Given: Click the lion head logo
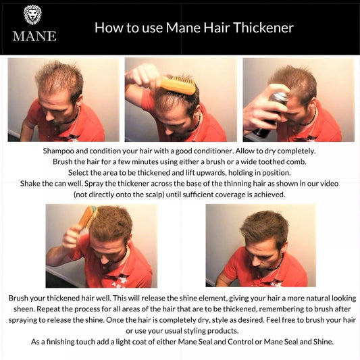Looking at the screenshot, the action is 33,15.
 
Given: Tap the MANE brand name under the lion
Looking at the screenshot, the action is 34,36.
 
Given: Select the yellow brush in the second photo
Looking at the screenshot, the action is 178,85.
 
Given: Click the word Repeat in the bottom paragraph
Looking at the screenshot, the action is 48,309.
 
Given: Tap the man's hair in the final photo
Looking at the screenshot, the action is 264,228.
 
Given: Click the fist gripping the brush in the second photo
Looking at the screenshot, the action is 143,75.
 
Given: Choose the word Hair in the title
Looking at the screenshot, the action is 217,28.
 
